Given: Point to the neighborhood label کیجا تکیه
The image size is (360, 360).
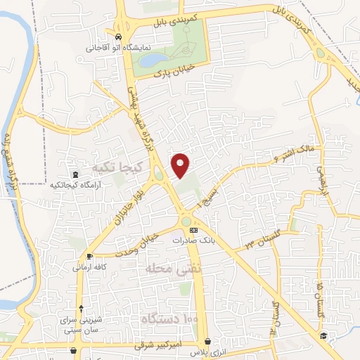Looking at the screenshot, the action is pos(117,167).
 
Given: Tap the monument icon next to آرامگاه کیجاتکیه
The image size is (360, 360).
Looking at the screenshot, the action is pos(75,174).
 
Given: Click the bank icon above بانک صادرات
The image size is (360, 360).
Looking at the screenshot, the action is pos(194,231).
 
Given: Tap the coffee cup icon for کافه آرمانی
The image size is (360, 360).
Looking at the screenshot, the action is pos(89,257).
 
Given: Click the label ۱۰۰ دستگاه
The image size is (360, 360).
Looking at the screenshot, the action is pos(169,320).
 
